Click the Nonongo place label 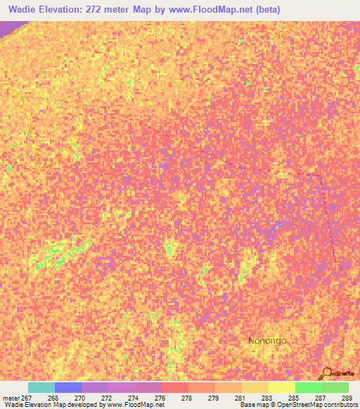pyautogui.click(x=267, y=341)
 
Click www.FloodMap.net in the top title pyautogui.click(x=224, y=9)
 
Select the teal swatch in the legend pyautogui.click(x=41, y=387)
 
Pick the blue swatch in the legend pyautogui.click(x=68, y=387)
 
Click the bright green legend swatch pyautogui.click(x=308, y=387)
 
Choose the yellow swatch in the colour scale pyautogui.click(x=281, y=387)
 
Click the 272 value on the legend pyautogui.click(x=105, y=398)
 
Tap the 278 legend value pyautogui.click(x=186, y=398)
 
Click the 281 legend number pyautogui.click(x=239, y=398)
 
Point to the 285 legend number pyautogui.click(x=292, y=398)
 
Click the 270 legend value pyautogui.click(x=79, y=398)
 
